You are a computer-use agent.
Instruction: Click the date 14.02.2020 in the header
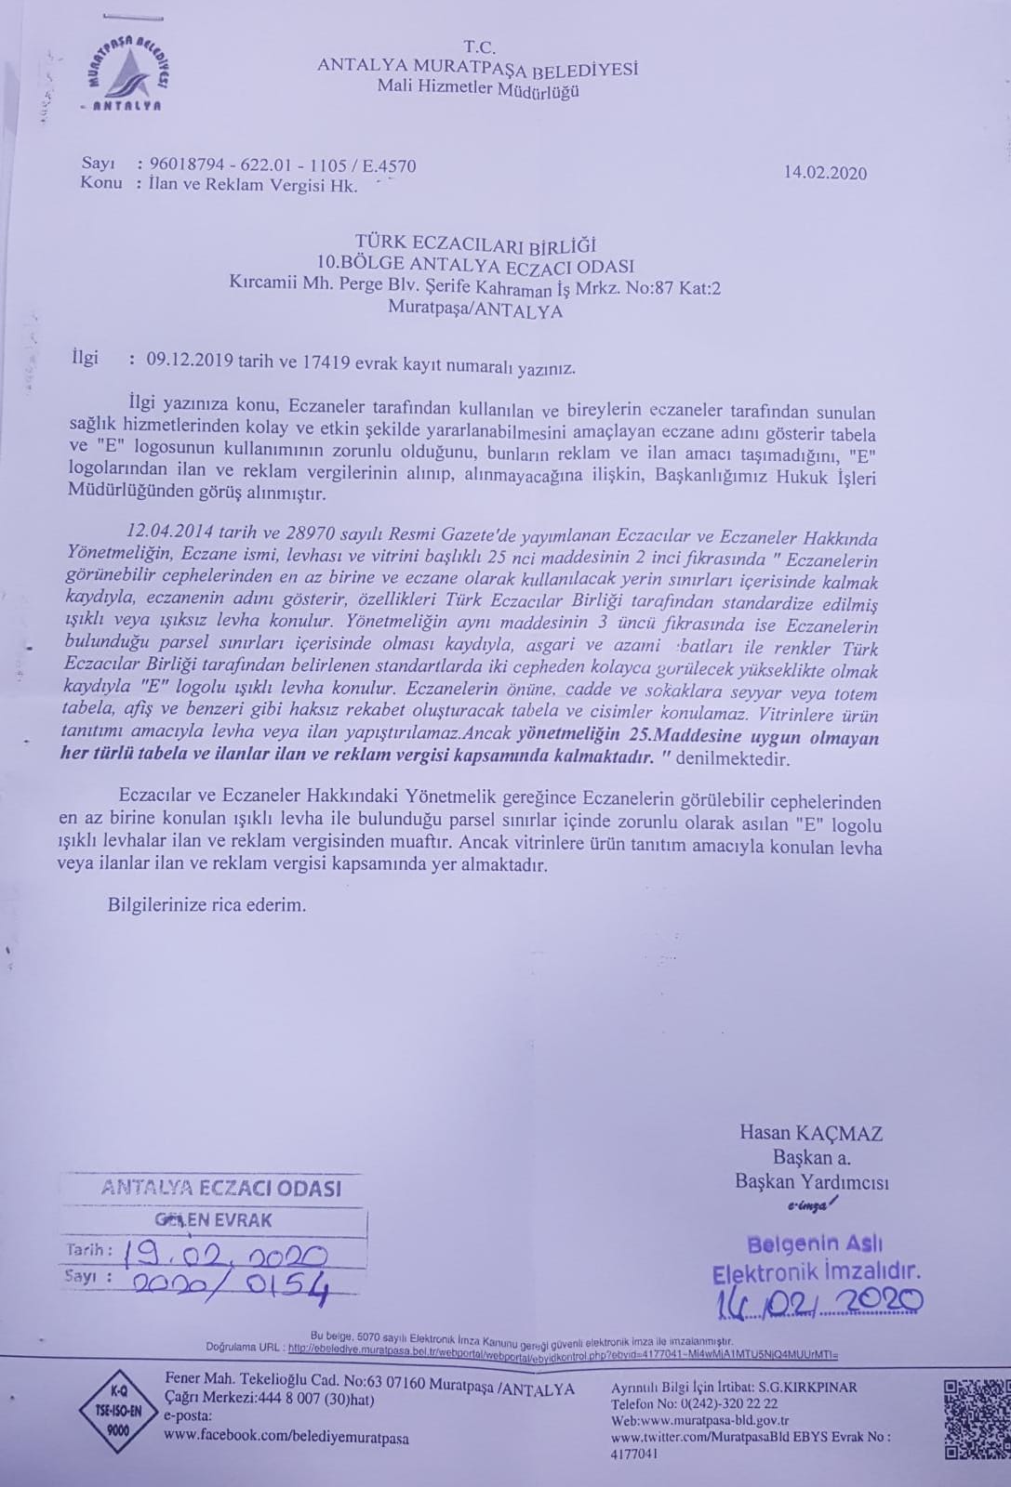click(825, 173)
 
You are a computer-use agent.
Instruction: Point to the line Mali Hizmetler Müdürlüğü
click(478, 89)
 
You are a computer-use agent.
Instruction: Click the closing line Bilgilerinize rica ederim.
click(206, 903)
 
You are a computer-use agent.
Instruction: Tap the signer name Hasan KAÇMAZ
click(810, 1133)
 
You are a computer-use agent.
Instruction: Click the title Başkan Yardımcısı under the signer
click(811, 1182)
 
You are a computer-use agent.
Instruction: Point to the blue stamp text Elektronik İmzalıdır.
click(816, 1271)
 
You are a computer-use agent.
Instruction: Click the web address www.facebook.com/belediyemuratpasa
click(286, 1438)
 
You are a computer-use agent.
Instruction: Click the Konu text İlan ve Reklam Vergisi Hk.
click(253, 185)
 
